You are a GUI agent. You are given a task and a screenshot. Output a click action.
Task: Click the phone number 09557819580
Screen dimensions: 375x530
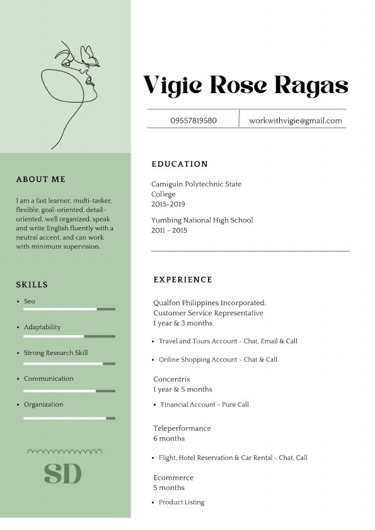[193, 120]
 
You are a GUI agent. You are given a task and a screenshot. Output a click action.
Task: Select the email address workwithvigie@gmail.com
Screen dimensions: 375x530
[295, 120]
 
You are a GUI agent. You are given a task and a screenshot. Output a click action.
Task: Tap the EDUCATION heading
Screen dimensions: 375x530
[180, 164]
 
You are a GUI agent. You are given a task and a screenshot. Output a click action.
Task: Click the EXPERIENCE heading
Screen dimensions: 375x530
[183, 279]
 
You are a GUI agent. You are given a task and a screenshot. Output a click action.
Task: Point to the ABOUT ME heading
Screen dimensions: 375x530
[41, 179]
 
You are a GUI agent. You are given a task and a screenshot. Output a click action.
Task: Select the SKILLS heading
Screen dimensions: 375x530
[32, 285]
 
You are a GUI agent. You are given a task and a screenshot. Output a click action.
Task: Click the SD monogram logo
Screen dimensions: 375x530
[63, 473]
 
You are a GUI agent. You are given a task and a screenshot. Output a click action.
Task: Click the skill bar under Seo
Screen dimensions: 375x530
[69, 309]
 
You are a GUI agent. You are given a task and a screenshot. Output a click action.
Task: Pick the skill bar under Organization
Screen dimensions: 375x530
[69, 418]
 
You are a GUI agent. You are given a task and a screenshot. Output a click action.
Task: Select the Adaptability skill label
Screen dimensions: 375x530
[42, 327]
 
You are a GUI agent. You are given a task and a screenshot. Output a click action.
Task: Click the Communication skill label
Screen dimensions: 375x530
[49, 378]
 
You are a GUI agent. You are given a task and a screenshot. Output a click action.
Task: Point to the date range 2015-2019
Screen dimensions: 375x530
[168, 204]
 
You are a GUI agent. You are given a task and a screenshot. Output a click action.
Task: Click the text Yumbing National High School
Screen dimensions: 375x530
[202, 220]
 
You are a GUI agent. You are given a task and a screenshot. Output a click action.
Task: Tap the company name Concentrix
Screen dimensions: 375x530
[171, 379]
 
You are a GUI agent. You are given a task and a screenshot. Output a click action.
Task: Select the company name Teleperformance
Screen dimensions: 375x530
[182, 428]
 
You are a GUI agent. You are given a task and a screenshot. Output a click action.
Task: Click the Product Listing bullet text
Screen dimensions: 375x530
[182, 502]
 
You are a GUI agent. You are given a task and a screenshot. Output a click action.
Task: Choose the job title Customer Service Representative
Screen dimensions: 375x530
[208, 313]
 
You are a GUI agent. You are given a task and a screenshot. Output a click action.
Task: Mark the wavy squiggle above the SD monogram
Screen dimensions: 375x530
[65, 451]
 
